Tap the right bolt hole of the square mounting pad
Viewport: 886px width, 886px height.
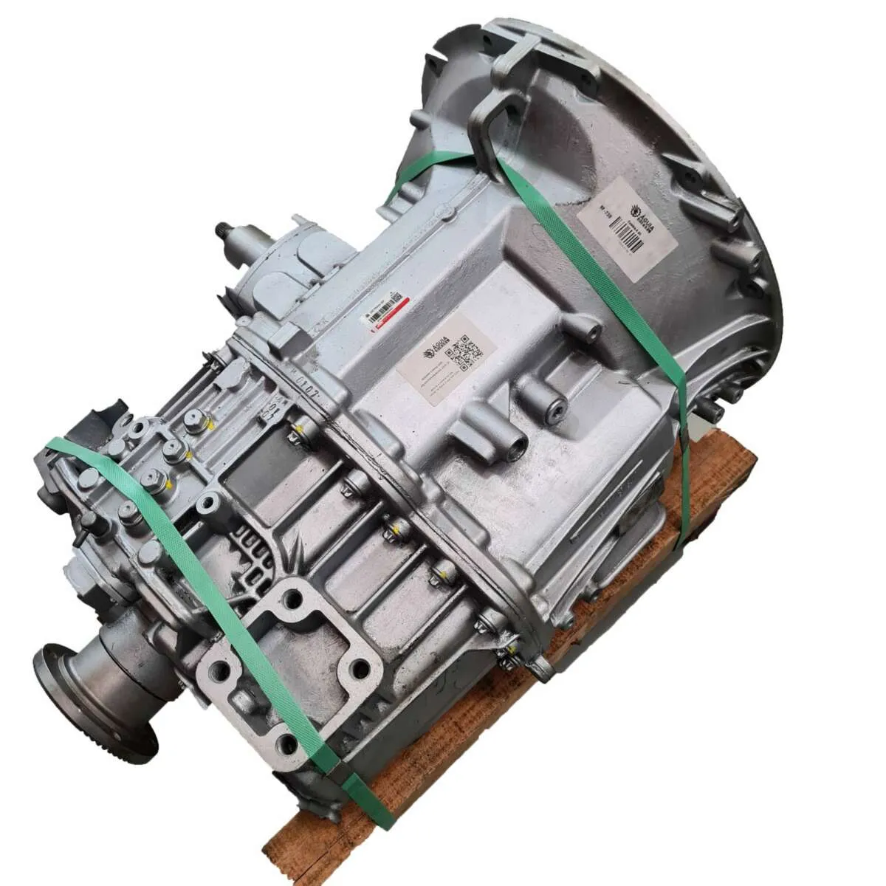pyautogui.click(x=359, y=669)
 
